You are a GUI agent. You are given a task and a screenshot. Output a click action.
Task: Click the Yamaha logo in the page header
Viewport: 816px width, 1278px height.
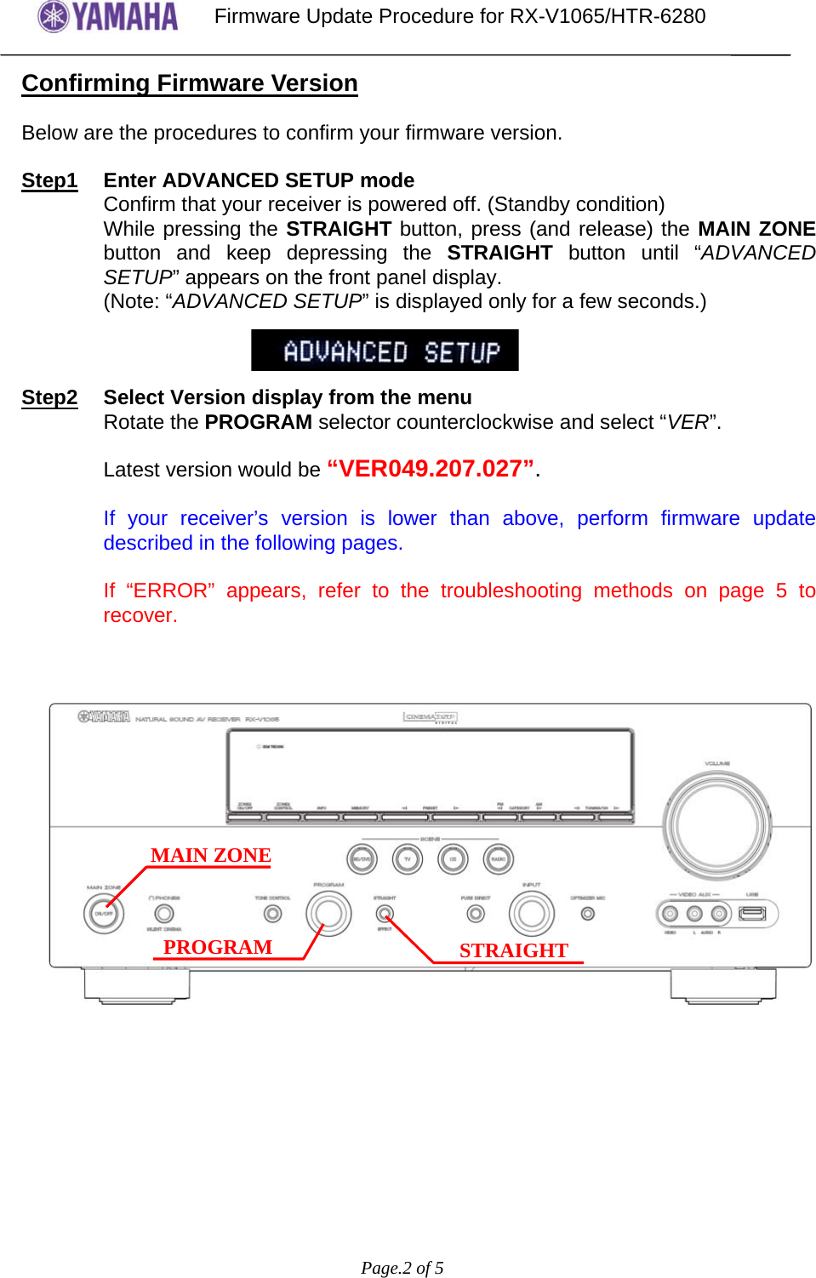[x=108, y=17]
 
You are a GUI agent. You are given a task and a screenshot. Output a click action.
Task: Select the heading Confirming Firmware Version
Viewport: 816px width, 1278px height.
[x=190, y=83]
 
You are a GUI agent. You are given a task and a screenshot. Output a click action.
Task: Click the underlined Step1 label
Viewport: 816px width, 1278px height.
[x=49, y=180]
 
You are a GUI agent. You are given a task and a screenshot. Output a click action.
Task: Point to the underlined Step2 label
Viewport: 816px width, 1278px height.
[x=49, y=397]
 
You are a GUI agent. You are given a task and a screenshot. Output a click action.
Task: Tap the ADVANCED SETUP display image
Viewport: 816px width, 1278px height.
[x=385, y=351]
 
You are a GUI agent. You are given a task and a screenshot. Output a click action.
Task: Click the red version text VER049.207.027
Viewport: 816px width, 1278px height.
[x=431, y=469]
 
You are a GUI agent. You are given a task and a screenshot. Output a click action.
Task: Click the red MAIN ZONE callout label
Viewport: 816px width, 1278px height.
[x=210, y=855]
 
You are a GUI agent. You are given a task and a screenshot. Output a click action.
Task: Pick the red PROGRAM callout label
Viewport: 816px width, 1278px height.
[x=218, y=947]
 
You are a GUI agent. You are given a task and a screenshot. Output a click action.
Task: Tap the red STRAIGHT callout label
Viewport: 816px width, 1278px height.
[x=513, y=950]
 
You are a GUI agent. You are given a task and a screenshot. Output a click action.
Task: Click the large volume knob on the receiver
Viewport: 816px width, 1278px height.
[x=717, y=825]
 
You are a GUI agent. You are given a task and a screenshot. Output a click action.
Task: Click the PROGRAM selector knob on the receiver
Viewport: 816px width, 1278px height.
[x=328, y=914]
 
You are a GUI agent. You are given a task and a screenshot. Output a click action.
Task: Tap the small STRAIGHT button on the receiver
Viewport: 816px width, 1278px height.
[x=385, y=914]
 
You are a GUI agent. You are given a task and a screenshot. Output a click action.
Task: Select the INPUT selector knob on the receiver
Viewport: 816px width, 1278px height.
[x=531, y=914]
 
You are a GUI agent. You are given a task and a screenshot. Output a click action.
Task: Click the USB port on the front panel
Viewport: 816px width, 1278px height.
[x=752, y=914]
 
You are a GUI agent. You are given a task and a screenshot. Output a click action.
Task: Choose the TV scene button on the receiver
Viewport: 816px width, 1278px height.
[x=407, y=859]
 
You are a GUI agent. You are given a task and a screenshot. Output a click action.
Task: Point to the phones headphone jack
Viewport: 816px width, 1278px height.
[x=163, y=914]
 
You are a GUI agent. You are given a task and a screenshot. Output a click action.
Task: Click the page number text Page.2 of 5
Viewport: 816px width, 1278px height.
[x=402, y=1268]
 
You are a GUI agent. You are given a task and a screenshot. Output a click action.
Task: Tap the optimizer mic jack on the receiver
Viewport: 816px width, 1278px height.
[x=587, y=914]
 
